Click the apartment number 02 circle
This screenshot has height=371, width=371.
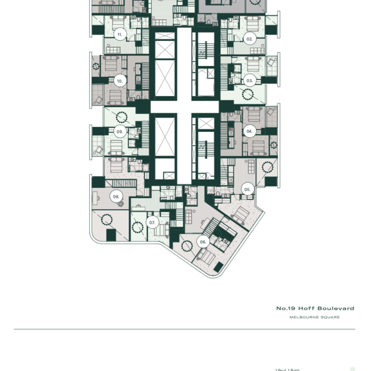[x=249, y=39]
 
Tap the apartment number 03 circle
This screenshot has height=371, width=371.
[x=249, y=80]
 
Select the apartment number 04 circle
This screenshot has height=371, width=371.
[x=249, y=131]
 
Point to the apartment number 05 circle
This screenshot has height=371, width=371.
[x=247, y=189]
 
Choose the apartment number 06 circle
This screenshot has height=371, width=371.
[x=203, y=242]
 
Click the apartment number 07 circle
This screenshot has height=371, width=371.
[x=153, y=223]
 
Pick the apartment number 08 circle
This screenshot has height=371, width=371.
[x=116, y=197]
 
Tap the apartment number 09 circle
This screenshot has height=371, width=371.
[x=119, y=131]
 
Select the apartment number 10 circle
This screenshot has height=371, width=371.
[x=119, y=81]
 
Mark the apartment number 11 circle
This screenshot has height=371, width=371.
[x=119, y=34]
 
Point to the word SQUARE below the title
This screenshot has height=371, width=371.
[x=331, y=317]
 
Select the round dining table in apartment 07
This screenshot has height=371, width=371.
[x=138, y=226]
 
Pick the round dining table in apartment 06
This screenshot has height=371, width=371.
[x=189, y=245]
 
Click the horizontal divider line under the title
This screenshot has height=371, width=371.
[x=184, y=329]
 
